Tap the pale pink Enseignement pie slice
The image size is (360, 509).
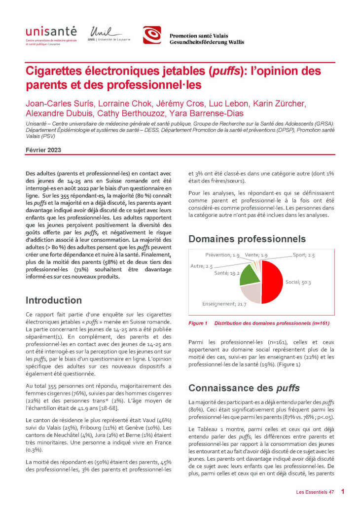pos(251,294)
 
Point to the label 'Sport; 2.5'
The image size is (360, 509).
pos(303,255)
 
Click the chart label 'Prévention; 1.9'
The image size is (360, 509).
pos(222,255)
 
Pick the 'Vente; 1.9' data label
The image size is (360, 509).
pos(256,255)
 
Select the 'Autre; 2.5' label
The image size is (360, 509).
pos(201,266)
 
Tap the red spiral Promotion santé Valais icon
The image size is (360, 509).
pos(152,35)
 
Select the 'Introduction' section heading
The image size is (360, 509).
pos(54,300)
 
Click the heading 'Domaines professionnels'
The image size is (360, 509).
pos(247,239)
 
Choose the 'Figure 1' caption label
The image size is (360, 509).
pos(198,324)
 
